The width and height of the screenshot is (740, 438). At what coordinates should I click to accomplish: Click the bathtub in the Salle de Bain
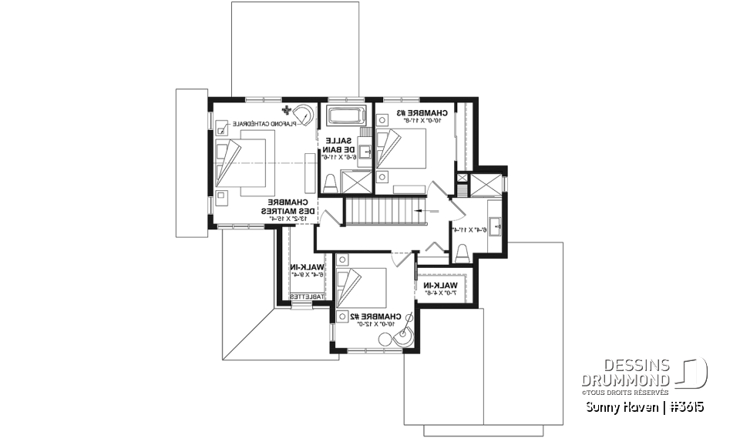[345, 118]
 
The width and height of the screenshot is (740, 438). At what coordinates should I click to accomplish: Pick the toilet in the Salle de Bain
[329, 183]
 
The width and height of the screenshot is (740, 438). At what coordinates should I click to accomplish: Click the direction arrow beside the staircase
[421, 209]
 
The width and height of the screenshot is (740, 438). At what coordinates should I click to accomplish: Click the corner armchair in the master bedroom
[304, 114]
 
